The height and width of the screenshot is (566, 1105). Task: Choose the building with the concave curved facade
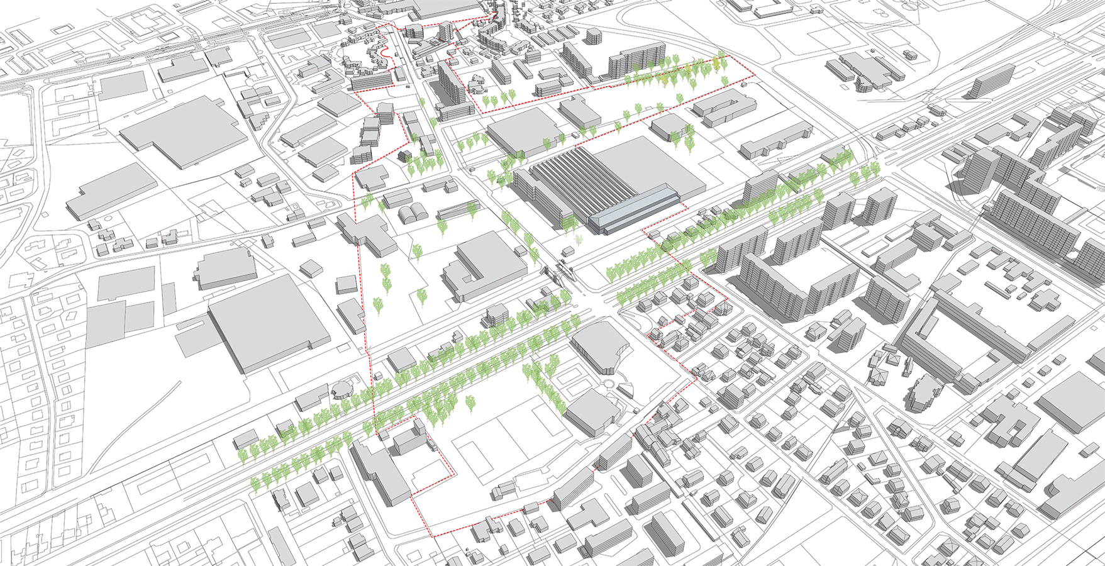pyautogui.click(x=597, y=346)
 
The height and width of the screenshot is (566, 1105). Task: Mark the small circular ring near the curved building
pyautogui.click(x=609, y=385)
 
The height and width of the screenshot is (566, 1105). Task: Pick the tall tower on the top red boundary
pyautogui.click(x=445, y=30)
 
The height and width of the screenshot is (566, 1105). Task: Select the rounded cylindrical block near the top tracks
pyautogui.click(x=592, y=36)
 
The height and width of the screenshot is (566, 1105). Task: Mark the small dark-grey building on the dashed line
pyautogui.click(x=405, y=155)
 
